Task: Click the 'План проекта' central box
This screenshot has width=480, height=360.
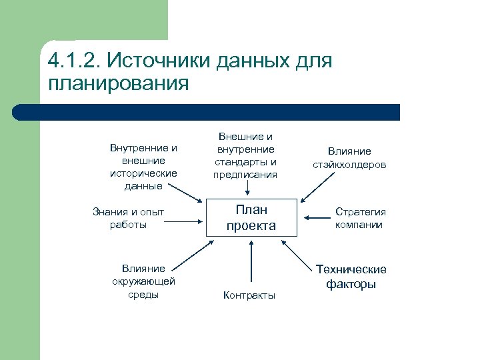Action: tap(251, 217)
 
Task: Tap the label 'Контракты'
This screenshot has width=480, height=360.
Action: tap(249, 295)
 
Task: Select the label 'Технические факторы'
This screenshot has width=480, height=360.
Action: tap(351, 277)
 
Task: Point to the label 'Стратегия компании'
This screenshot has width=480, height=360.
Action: tap(360, 218)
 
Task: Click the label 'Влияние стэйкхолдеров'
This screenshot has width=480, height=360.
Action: tap(349, 157)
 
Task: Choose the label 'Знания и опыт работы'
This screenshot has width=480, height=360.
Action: tap(129, 218)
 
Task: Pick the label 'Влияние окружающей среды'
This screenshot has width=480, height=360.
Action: tap(143, 281)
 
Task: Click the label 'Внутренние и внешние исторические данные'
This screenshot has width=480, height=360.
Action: tap(143, 167)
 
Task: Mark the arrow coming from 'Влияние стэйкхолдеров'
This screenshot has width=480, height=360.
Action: tap(313, 189)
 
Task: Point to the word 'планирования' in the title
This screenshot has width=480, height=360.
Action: tap(118, 85)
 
